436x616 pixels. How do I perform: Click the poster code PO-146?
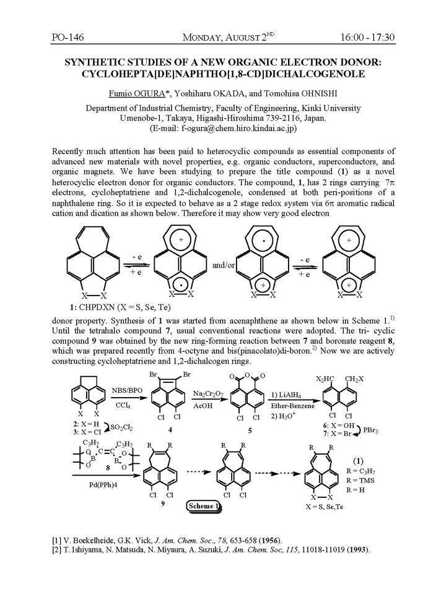pyautogui.click(x=68, y=38)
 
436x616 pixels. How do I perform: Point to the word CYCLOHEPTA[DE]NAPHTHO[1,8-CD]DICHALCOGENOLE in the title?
pyautogui.click(x=218, y=74)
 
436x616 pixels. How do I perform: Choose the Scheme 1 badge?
pyautogui.click(x=205, y=507)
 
